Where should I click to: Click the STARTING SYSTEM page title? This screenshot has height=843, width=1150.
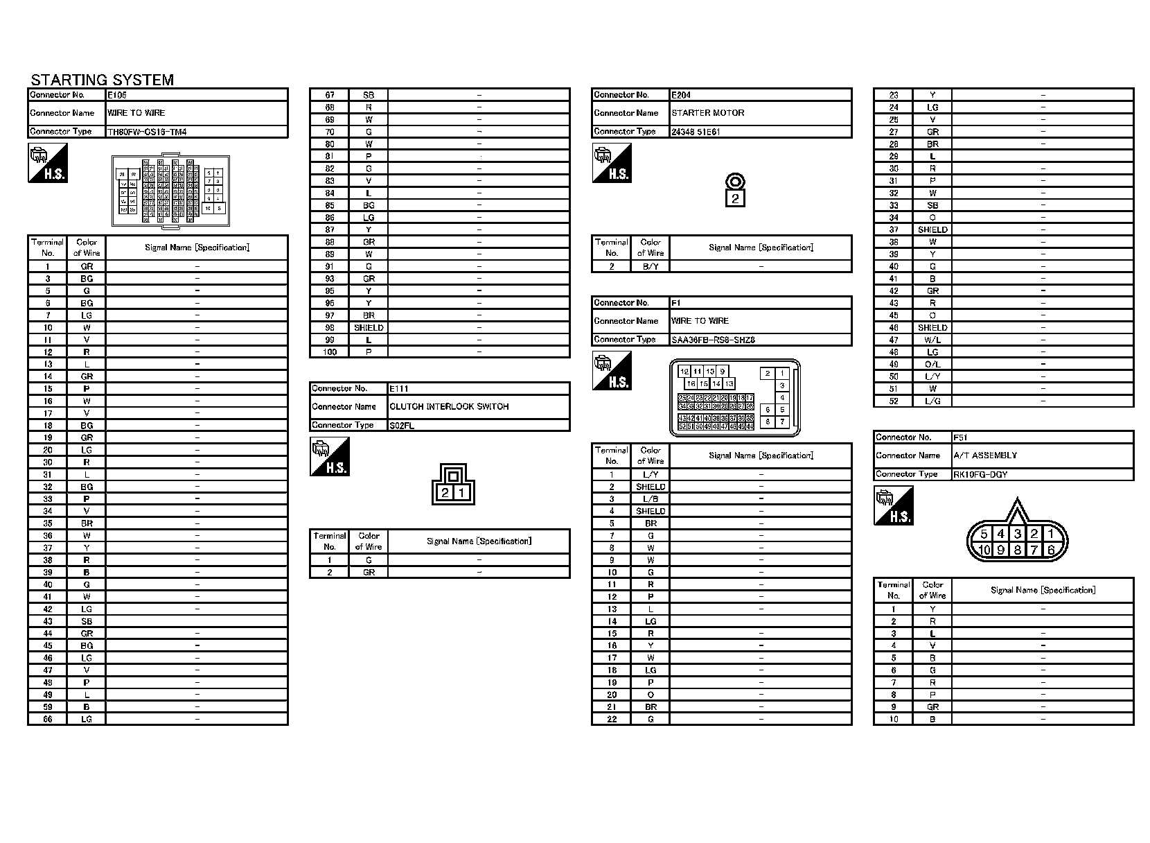click(102, 80)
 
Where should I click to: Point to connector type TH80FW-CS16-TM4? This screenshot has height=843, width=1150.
click(147, 132)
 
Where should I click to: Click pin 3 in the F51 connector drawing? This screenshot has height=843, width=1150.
click(1017, 534)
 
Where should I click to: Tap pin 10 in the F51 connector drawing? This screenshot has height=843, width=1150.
click(984, 550)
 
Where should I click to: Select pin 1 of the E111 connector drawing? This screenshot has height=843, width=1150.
click(462, 493)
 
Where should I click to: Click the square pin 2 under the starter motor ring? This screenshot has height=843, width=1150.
click(735, 199)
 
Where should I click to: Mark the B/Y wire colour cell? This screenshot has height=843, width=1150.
click(651, 266)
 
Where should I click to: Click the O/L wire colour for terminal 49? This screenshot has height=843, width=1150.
click(932, 365)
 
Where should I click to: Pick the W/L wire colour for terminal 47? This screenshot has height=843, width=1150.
click(932, 340)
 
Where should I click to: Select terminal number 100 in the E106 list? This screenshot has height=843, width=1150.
click(330, 352)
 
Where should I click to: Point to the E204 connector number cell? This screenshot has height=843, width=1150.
click(681, 94)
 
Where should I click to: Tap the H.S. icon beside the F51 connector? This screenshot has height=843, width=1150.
click(893, 505)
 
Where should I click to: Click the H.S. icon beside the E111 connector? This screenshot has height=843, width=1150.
click(329, 457)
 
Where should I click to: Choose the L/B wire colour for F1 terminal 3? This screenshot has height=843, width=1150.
click(651, 499)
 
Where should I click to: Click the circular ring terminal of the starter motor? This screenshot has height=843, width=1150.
click(735, 182)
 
